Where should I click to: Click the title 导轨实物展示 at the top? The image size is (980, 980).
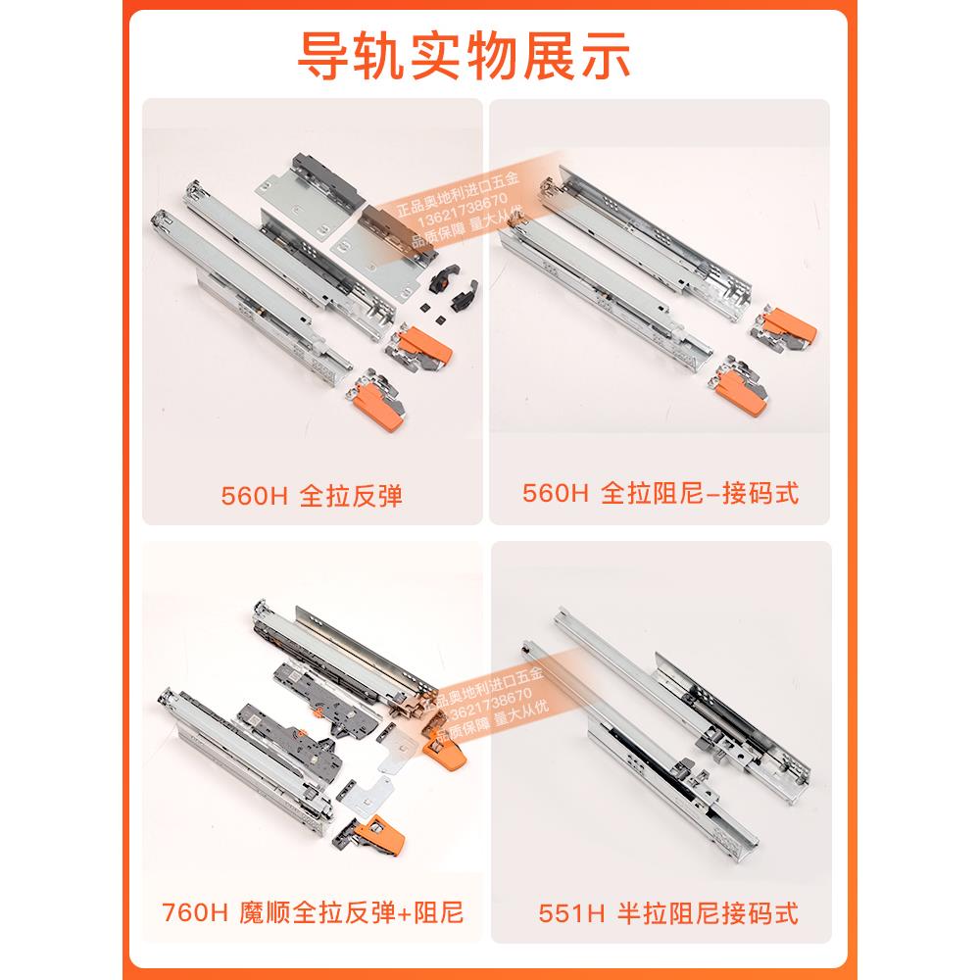point(464,58)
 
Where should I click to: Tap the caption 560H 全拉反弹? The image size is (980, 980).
point(312,496)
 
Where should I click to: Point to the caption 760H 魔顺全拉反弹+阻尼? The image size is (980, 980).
point(312,913)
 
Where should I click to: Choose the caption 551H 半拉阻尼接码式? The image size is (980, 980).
point(668,913)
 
